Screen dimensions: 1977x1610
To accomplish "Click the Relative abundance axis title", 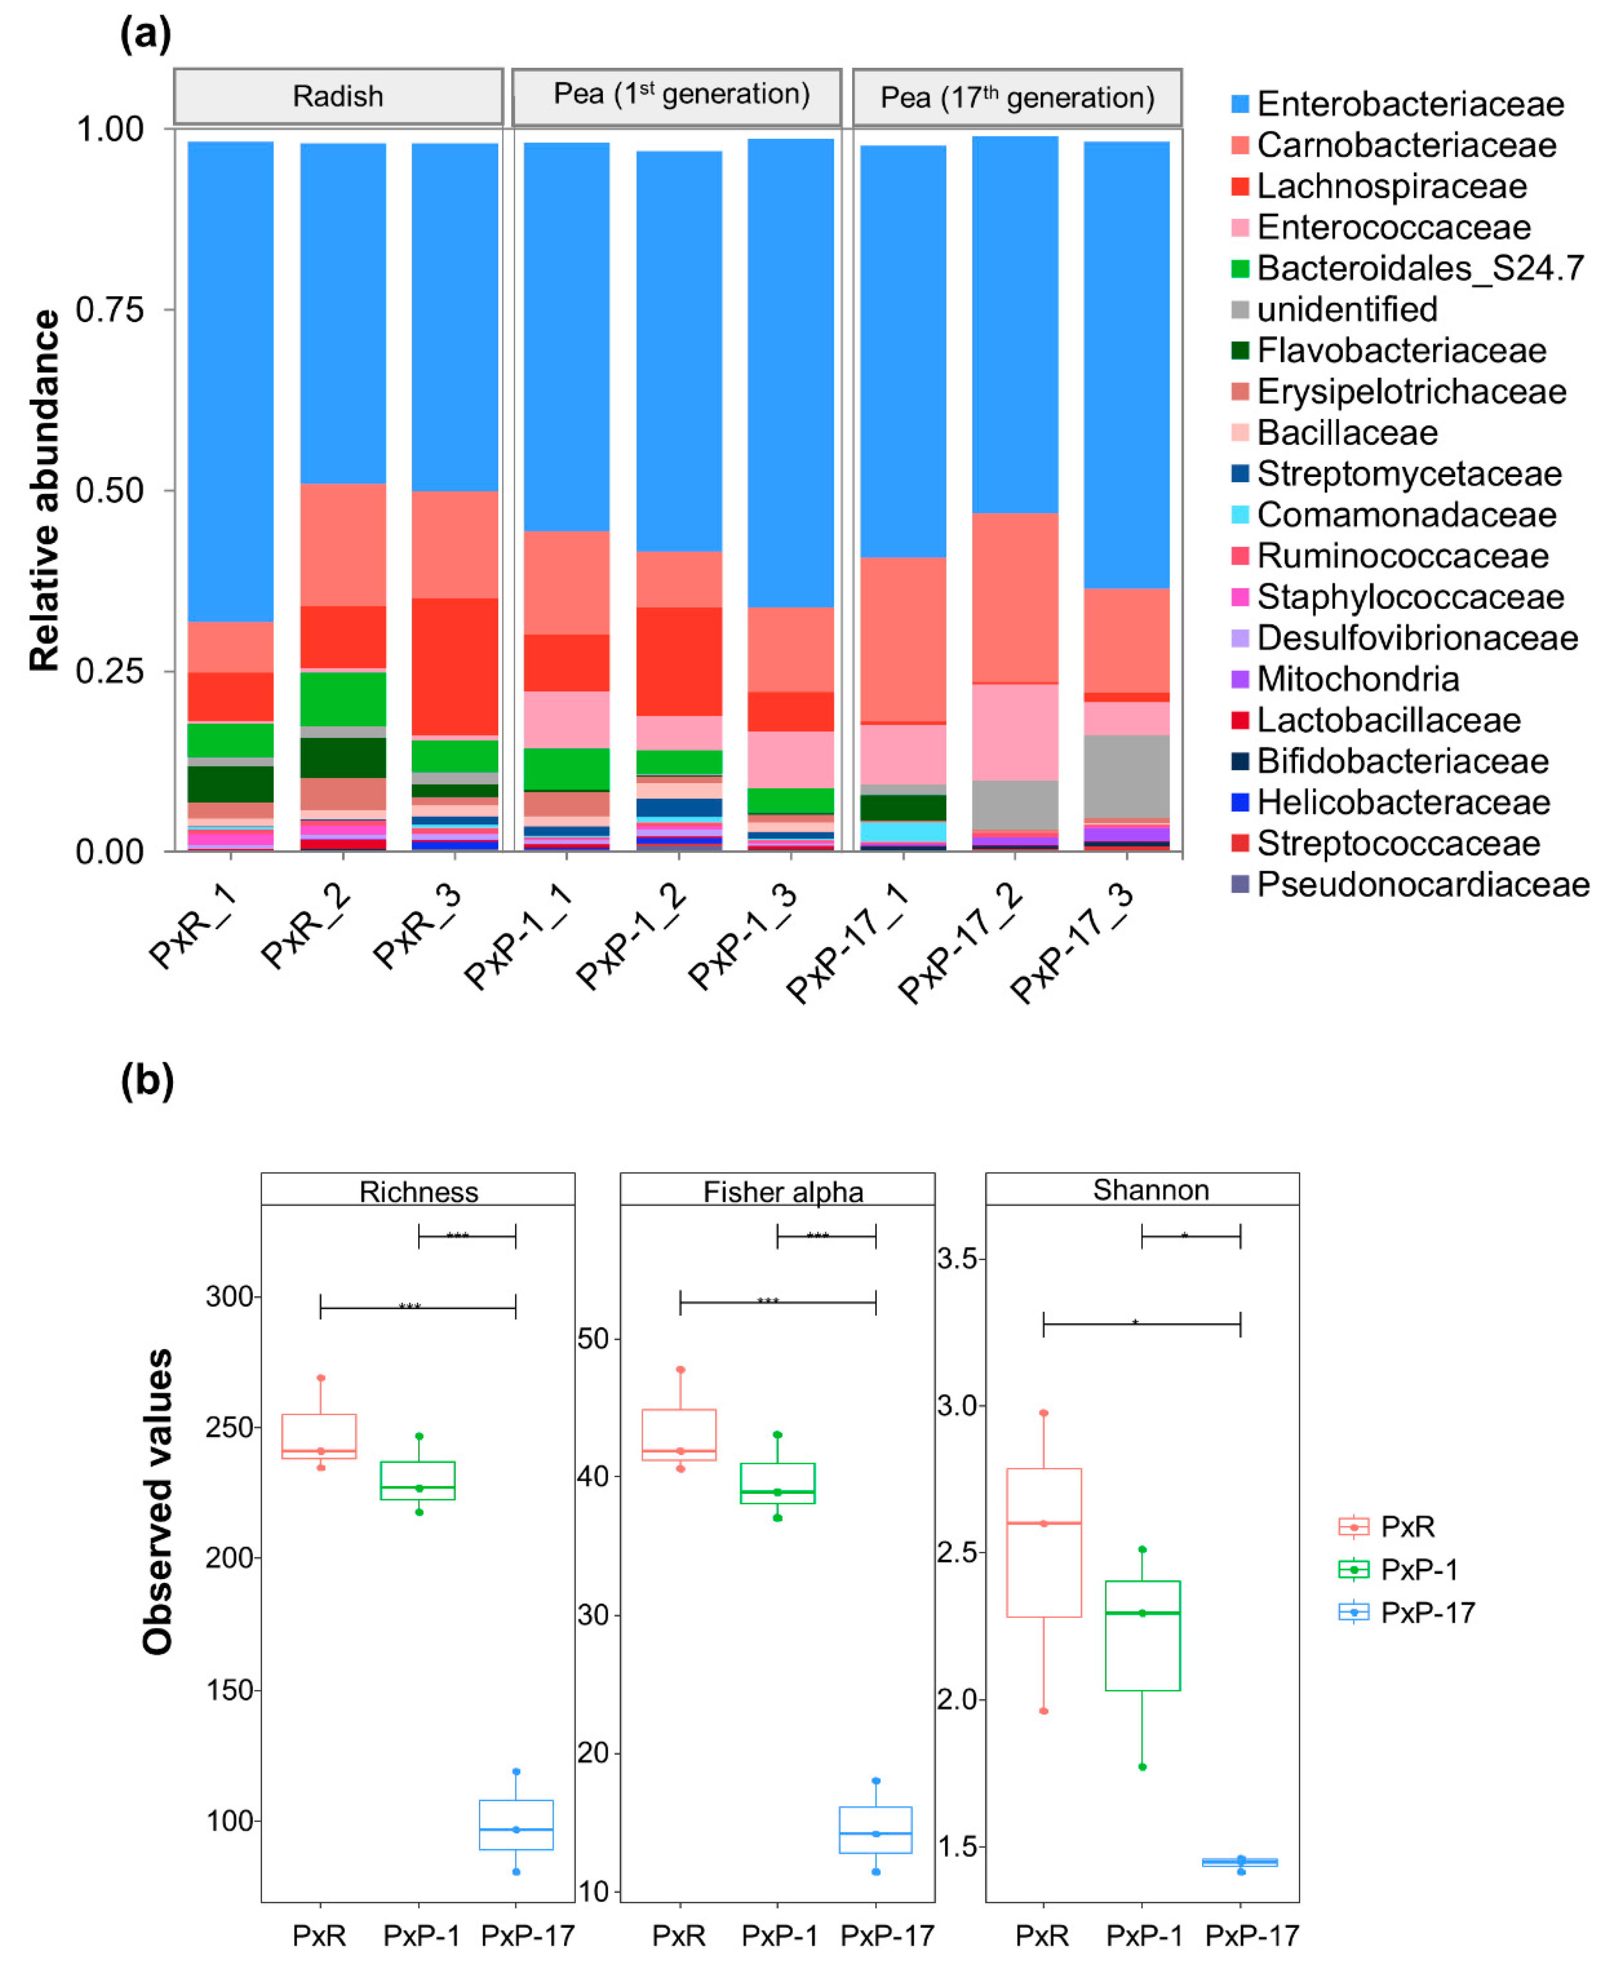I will click(x=45, y=490).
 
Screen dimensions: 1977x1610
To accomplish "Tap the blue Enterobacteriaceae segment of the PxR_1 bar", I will click(x=230, y=380).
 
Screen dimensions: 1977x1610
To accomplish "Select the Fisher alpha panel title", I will click(x=783, y=1191).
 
